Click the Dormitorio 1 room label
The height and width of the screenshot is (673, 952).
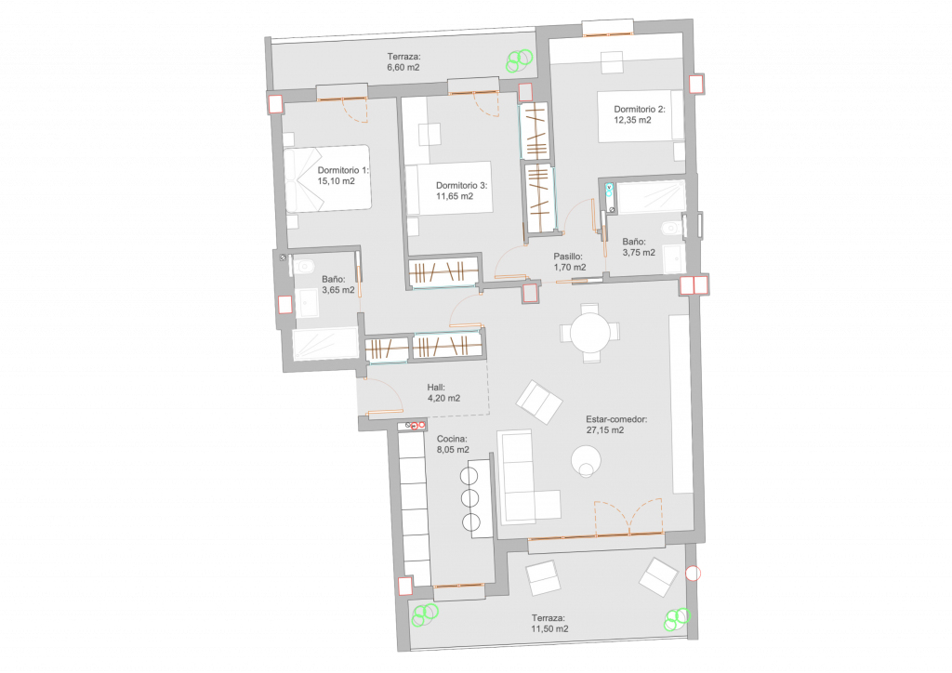point(342,170)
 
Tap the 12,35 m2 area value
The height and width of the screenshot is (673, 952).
point(632,120)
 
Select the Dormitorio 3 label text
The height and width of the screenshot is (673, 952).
point(461,186)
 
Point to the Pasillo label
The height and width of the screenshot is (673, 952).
point(568,257)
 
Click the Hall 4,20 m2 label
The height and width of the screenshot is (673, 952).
point(443,392)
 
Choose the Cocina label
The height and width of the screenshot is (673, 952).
point(452,439)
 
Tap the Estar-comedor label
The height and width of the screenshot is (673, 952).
point(616,419)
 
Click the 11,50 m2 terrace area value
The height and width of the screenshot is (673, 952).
point(549,628)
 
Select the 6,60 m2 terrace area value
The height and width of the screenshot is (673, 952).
point(403,67)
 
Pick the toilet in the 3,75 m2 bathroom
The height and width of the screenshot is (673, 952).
point(672,228)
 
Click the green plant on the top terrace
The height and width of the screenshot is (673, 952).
point(520,59)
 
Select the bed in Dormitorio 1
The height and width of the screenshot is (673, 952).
point(327,178)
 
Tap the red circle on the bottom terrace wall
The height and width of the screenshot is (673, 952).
point(693,573)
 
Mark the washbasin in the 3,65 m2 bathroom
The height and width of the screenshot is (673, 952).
point(307,303)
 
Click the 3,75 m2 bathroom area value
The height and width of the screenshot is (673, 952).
point(639,253)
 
